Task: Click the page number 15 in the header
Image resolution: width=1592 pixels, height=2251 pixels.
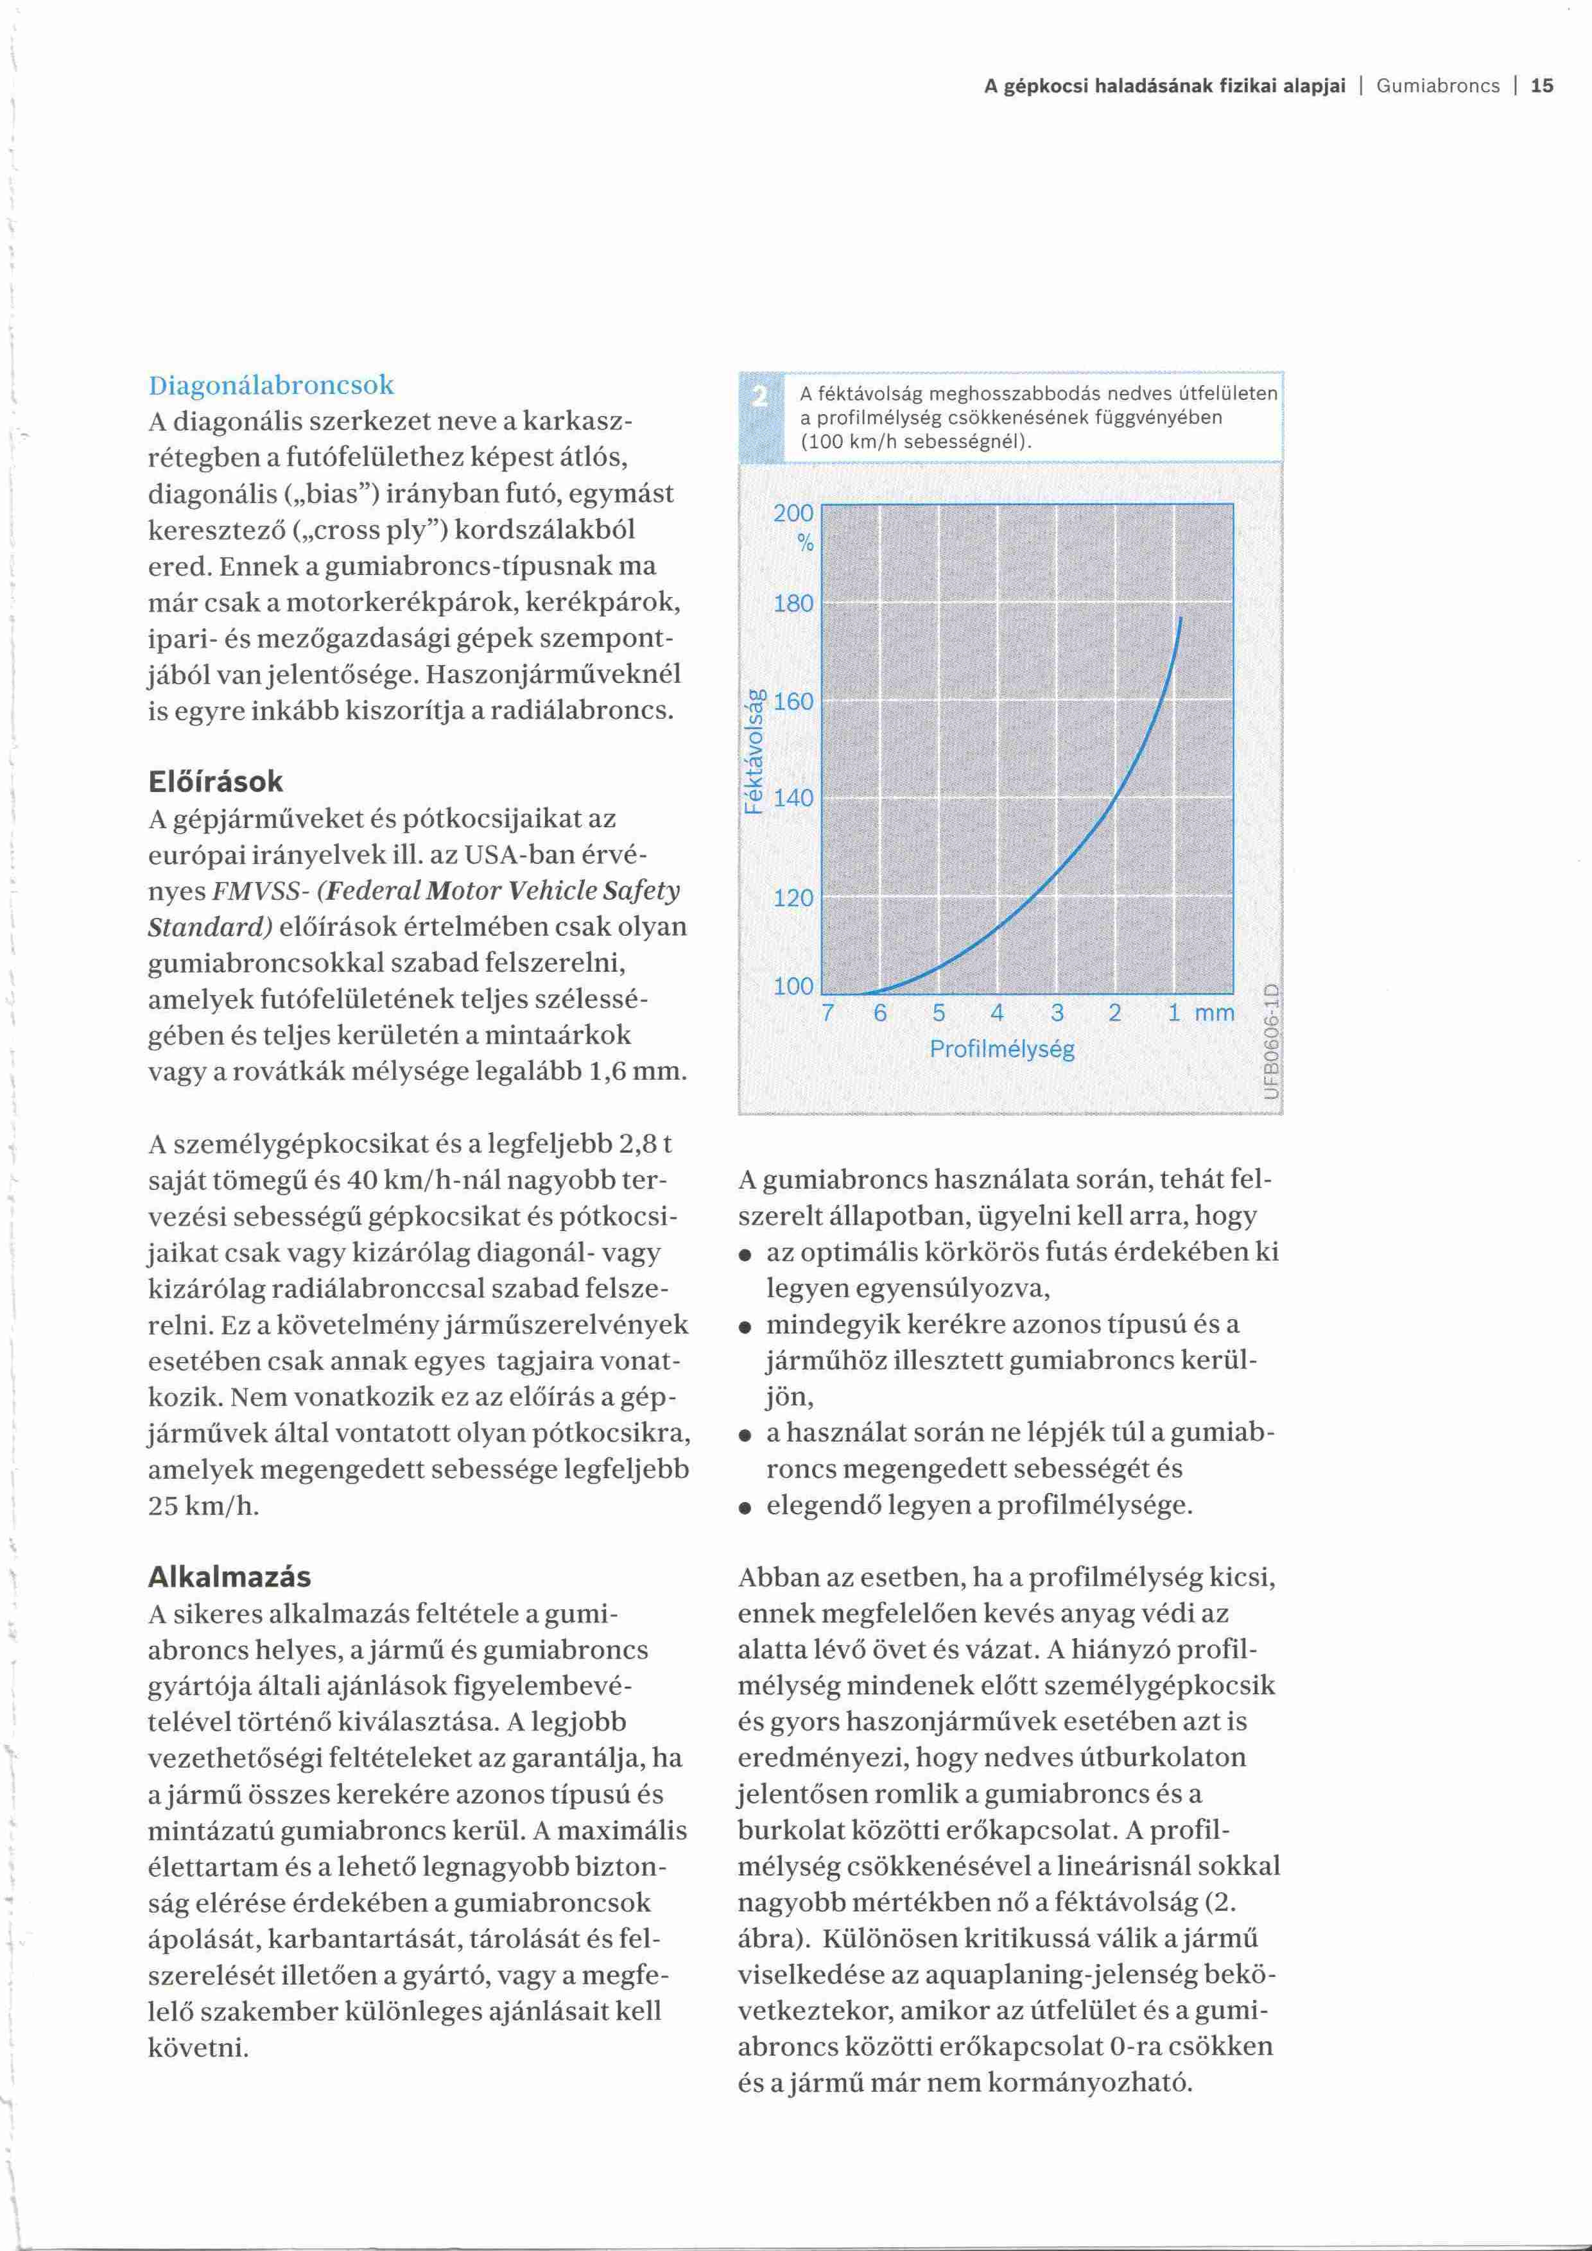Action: coord(1542,86)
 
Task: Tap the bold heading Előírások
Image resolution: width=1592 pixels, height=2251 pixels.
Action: coord(216,781)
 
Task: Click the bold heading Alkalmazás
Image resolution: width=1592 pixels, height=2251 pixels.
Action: coord(229,1576)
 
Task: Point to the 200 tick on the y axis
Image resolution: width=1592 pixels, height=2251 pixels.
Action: coord(793,513)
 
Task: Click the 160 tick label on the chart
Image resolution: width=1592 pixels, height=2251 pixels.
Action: coord(793,702)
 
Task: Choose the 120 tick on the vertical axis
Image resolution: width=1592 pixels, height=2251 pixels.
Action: coord(793,897)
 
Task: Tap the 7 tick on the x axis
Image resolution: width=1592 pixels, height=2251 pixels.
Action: coord(827,1013)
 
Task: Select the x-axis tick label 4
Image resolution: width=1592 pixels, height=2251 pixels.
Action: coord(997,1013)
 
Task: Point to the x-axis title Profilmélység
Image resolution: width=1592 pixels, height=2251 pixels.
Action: coord(1002,1050)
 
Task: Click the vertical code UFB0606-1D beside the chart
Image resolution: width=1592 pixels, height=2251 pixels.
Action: coord(1272,1040)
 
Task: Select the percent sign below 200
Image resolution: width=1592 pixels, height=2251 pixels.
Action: coord(806,544)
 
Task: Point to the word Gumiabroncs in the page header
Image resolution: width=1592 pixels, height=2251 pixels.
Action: coord(1437,86)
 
